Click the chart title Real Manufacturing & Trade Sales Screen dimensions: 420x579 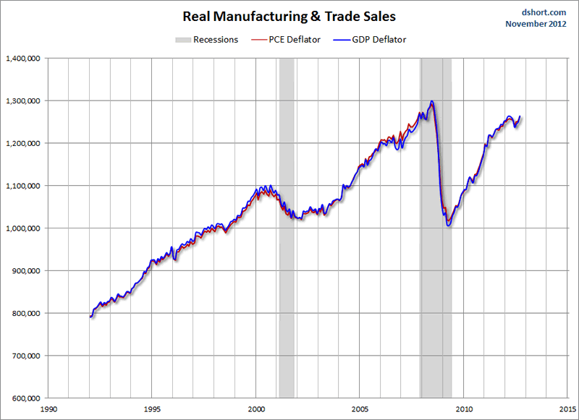tap(289, 16)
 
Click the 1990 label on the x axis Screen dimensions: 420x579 tap(48, 408)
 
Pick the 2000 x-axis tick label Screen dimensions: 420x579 tap(256, 408)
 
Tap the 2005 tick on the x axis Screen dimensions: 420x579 tap(360, 408)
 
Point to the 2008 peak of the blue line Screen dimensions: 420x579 tap(432, 101)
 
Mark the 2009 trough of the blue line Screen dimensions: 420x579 tap(449, 226)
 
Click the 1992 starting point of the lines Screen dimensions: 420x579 tap(90, 317)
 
